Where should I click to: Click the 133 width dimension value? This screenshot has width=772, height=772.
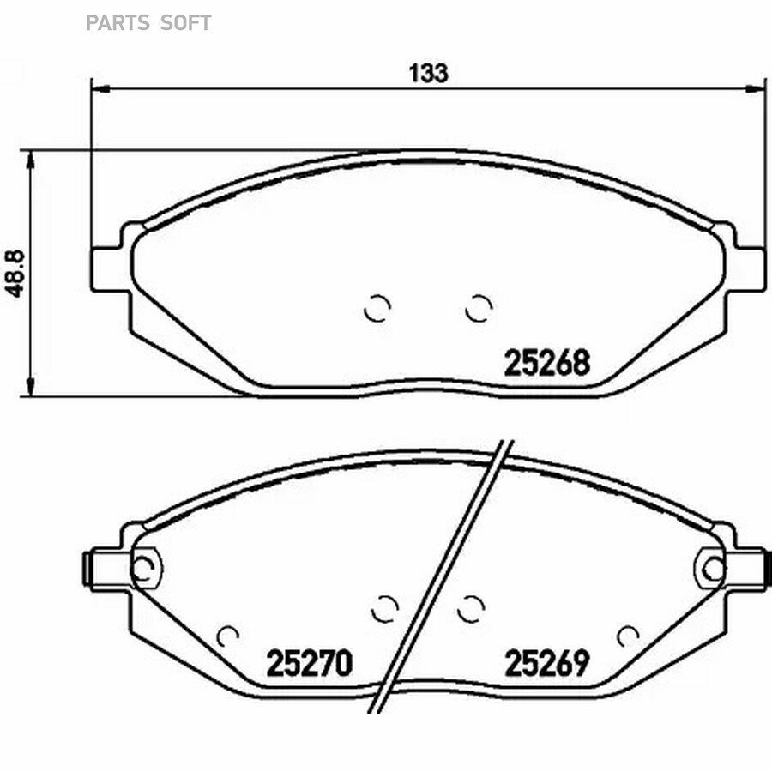click(428, 73)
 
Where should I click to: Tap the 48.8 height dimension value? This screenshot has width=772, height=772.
click(15, 274)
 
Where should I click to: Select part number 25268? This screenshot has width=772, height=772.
click(546, 363)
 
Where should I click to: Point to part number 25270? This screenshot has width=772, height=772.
click(309, 663)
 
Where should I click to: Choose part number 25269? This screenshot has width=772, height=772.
click(547, 663)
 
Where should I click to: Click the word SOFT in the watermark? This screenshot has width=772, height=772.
click(186, 23)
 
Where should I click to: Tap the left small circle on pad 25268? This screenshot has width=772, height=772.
click(377, 308)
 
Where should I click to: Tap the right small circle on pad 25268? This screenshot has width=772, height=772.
click(479, 308)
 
